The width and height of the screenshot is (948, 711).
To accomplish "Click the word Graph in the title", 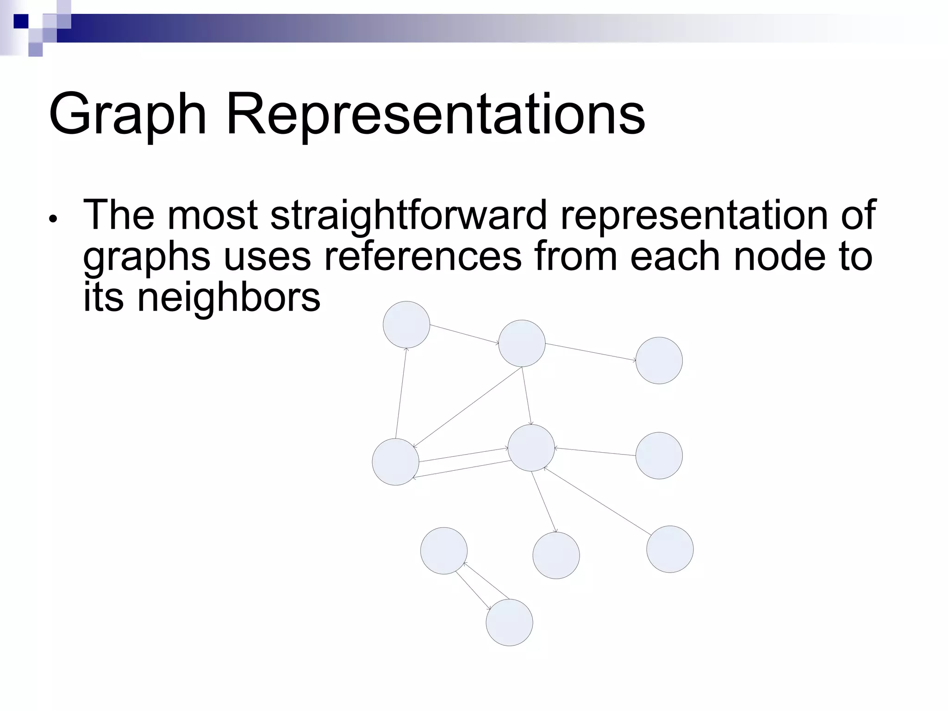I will pyautogui.click(x=127, y=115).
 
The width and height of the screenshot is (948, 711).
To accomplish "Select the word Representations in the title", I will pyautogui.click(x=435, y=115).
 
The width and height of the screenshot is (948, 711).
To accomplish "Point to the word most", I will pyautogui.click(x=212, y=215).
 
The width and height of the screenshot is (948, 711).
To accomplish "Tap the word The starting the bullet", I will pyautogui.click(x=118, y=215).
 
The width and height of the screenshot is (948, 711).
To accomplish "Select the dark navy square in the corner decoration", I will pyautogui.click(x=21, y=21).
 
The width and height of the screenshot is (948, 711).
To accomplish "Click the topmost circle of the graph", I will pyautogui.click(x=406, y=324).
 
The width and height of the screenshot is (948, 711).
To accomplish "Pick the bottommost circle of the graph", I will pyautogui.click(x=509, y=622).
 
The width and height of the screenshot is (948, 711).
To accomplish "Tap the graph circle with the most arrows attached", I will pyautogui.click(x=531, y=448).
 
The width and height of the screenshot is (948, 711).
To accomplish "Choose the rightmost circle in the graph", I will pyautogui.click(x=670, y=549).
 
